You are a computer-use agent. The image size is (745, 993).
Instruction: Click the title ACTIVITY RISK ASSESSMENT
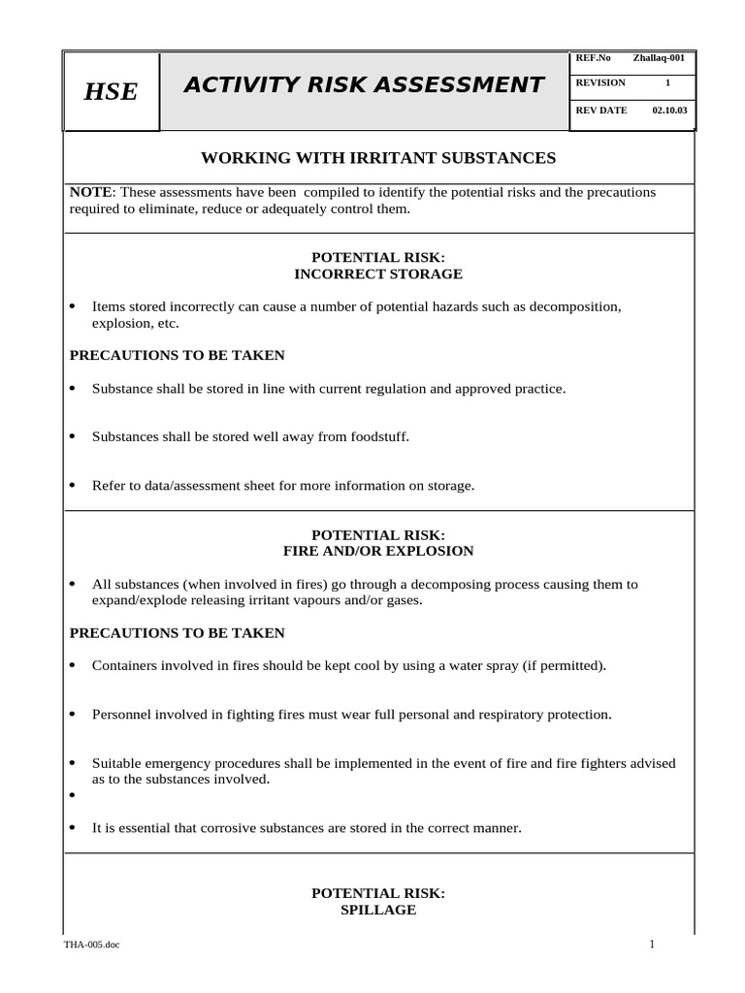364,85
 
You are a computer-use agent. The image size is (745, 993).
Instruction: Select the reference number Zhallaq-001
659,58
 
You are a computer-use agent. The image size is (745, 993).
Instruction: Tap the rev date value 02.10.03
668,111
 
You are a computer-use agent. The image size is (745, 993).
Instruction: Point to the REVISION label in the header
600,83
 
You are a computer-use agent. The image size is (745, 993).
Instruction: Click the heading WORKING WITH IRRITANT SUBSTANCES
377,157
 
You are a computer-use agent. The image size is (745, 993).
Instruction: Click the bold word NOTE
91,192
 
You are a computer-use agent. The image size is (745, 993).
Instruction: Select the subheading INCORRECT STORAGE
377,274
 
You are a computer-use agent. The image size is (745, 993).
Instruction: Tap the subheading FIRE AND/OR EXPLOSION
377,551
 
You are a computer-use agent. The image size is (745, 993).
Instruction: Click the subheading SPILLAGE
377,910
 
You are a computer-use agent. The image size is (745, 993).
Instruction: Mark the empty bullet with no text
73,795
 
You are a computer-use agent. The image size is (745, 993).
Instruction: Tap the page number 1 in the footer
653,945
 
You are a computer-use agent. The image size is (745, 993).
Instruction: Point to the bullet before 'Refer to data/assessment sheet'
73,486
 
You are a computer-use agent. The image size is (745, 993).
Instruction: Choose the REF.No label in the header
593,58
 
